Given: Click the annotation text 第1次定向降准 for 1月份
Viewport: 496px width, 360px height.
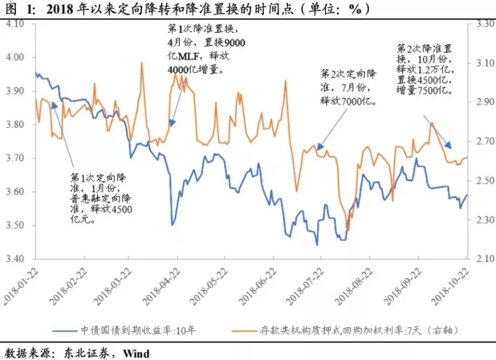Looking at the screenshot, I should [102, 197].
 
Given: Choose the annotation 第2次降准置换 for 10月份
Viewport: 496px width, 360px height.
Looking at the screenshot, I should [426, 69].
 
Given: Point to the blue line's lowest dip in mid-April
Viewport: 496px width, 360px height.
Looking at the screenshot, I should [172, 224].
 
